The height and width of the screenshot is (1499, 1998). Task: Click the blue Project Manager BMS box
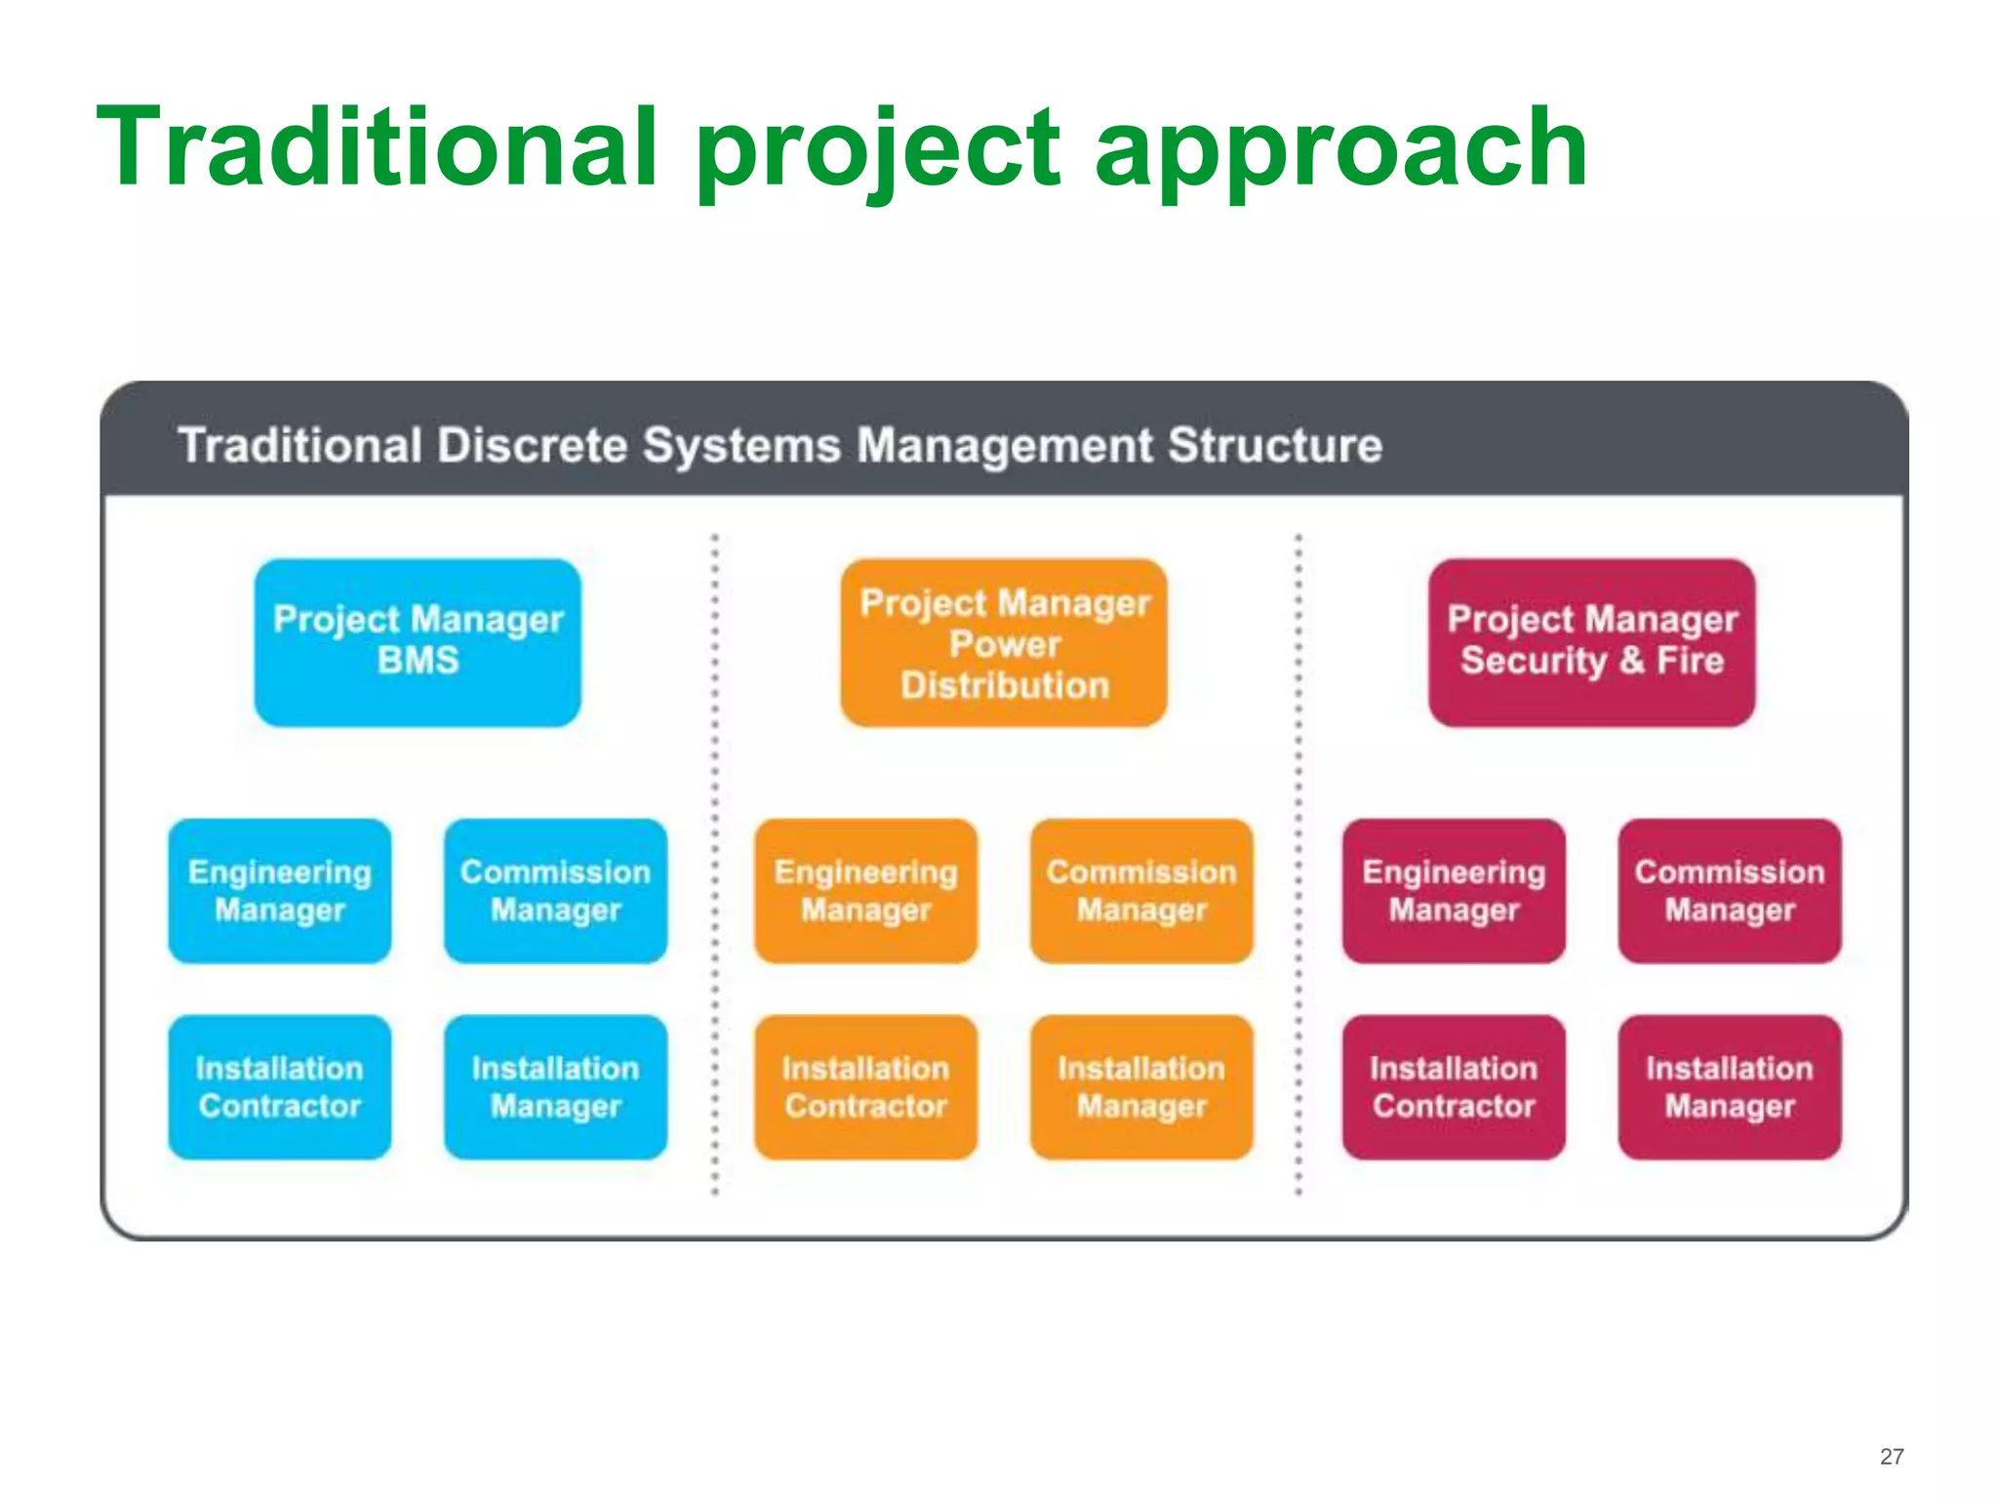coord(418,642)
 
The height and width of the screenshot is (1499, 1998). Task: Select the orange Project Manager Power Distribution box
coord(1004,642)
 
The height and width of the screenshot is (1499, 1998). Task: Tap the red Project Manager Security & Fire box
coord(1591,642)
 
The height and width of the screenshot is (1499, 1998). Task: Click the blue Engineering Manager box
coord(280,890)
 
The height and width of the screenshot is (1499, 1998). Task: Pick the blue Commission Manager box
coord(555,890)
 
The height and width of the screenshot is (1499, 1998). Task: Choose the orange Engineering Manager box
coord(865,890)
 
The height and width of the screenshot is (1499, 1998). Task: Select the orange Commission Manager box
coord(1141,890)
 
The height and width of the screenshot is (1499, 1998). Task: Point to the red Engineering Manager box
coord(1454,890)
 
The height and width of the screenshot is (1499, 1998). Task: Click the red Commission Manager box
coord(1730,890)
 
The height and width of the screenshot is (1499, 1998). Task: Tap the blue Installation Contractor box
coord(280,1086)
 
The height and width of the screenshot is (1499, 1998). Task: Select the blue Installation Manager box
coord(555,1086)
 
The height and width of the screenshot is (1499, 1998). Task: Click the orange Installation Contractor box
coord(865,1086)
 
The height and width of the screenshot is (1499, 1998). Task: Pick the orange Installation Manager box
coord(1141,1086)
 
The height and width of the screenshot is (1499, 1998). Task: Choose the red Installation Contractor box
coord(1454,1086)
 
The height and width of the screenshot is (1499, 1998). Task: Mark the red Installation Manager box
coord(1730,1086)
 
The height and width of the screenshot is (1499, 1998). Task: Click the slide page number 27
coord(1892,1456)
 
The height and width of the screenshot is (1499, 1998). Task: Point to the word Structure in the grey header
coord(1275,445)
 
